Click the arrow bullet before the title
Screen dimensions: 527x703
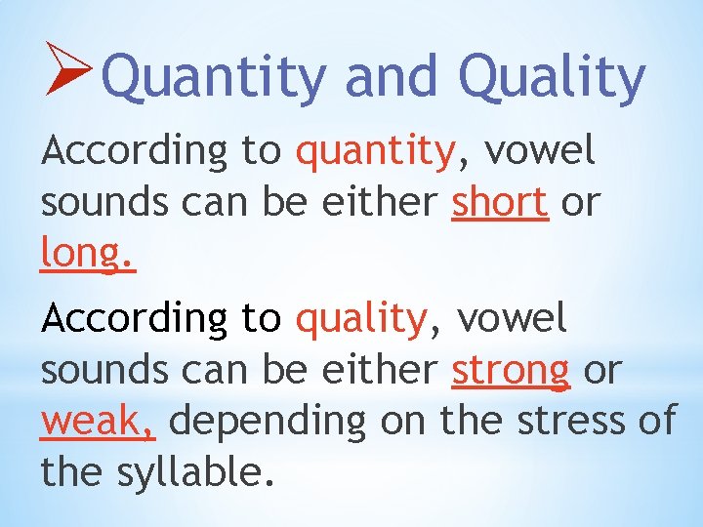[x=68, y=66]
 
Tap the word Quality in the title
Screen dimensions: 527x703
[x=552, y=78]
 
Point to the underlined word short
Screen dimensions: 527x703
[x=499, y=202]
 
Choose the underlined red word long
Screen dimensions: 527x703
[x=86, y=254]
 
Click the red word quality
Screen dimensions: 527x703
[x=361, y=320]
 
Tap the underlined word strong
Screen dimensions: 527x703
[x=511, y=370]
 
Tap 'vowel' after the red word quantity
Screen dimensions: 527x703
[x=540, y=151]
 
